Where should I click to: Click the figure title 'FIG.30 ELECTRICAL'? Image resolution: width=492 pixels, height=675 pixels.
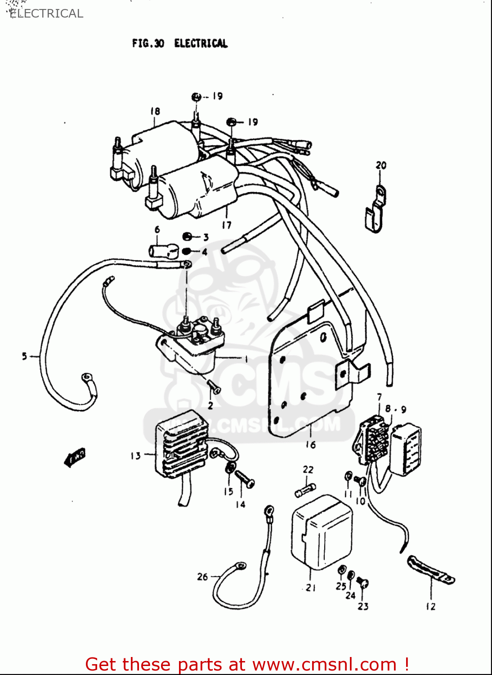179,43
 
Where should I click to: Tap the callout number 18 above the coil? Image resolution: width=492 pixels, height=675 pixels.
155,111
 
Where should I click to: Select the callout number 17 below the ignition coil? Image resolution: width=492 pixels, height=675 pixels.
226,225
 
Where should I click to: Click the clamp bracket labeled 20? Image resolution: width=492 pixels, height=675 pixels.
375,209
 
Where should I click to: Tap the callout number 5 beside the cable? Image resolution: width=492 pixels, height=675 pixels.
25,356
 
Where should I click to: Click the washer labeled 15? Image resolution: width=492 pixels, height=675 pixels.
230,468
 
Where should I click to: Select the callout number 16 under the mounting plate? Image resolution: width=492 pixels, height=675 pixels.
310,445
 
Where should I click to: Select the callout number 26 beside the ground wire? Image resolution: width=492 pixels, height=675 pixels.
202,576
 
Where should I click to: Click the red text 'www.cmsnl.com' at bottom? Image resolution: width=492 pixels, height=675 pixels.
324,664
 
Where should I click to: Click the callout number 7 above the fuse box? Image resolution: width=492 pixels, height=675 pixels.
379,397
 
